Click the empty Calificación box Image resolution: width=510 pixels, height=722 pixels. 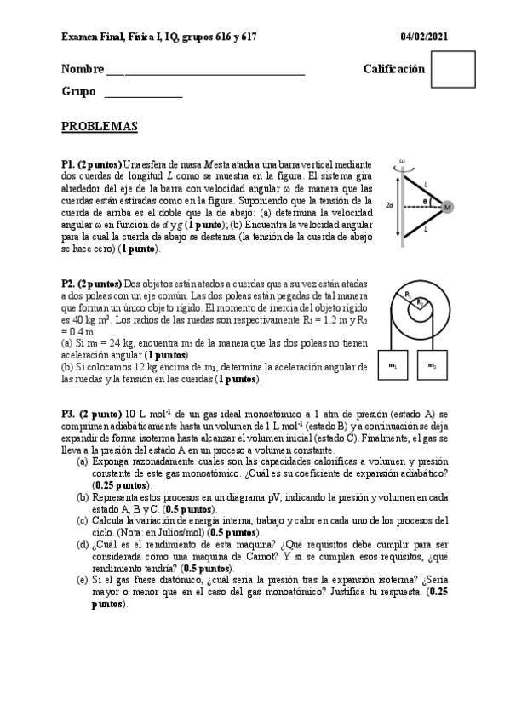(x=453, y=69)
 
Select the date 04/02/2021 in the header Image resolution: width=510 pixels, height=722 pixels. (x=425, y=37)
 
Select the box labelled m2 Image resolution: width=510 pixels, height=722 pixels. (x=432, y=365)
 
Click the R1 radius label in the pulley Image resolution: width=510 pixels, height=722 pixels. (x=409, y=295)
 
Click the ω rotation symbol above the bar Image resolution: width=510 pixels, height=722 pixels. (x=402, y=160)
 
